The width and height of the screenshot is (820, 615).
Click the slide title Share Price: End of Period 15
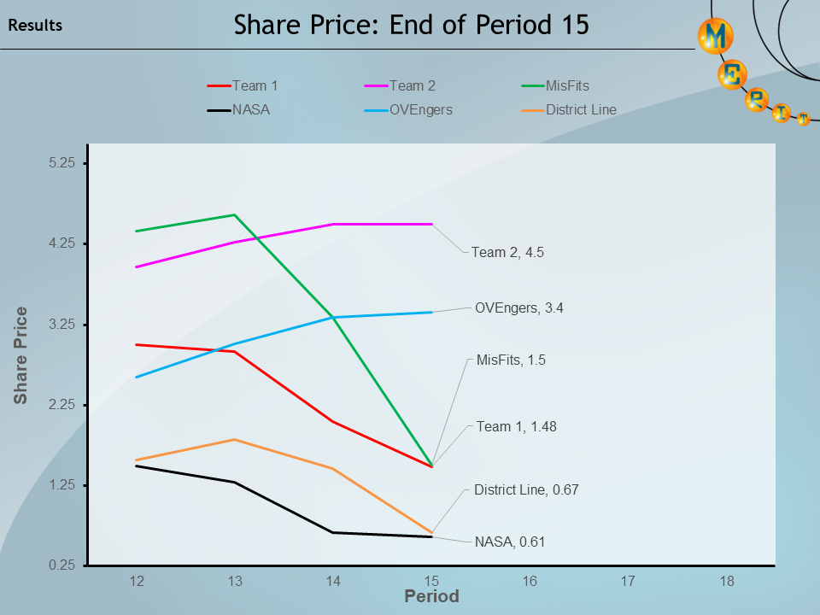point(411,25)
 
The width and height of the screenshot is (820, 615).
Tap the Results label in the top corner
point(35,26)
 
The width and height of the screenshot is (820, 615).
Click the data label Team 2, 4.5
point(507,253)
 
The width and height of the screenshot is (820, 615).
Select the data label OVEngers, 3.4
point(518,307)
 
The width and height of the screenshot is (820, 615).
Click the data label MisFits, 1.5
point(511,360)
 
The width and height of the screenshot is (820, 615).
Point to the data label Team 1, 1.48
point(516,426)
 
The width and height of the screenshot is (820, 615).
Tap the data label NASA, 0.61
point(510,542)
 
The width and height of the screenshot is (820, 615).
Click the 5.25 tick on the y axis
point(62,163)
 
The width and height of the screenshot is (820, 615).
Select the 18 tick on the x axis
point(727,581)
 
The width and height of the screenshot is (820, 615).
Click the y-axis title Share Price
point(20,355)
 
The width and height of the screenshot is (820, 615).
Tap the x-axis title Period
point(431,596)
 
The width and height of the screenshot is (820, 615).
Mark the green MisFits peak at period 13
point(235,215)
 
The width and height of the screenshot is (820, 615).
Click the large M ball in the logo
point(715,35)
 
